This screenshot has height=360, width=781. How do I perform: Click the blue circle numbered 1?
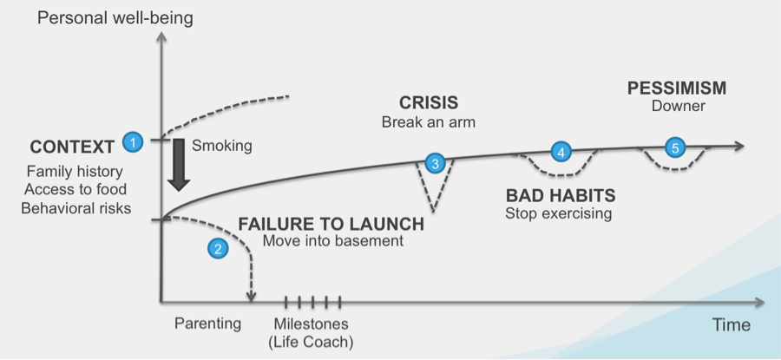tap(133, 140)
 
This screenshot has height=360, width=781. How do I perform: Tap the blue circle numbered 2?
tap(218, 248)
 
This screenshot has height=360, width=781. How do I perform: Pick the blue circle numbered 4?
tap(561, 151)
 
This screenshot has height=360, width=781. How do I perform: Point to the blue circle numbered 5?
tap(673, 147)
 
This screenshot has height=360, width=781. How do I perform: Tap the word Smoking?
tap(222, 146)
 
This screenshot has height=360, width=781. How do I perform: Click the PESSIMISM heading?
tap(677, 88)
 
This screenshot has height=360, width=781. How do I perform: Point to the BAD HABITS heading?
tap(560, 194)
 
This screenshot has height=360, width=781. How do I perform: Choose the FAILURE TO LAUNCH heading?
tap(331, 223)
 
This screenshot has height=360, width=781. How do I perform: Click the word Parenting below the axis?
tap(207, 324)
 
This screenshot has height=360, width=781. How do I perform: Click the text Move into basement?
tap(333, 241)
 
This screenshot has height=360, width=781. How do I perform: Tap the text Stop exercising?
tap(560, 213)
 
